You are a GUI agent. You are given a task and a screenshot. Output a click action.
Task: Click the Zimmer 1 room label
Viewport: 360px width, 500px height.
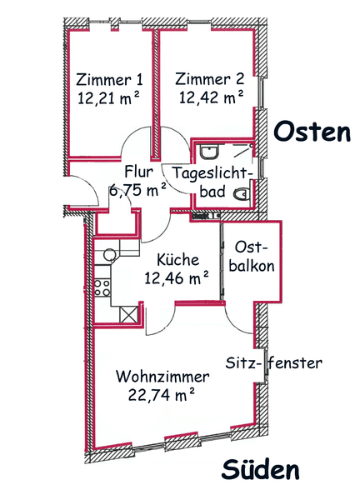[109, 79]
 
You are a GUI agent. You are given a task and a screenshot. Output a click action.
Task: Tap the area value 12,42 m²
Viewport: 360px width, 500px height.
[211, 97]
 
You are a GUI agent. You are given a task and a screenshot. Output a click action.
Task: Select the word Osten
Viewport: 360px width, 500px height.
[312, 132]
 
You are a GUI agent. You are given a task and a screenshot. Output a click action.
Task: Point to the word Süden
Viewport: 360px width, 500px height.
[261, 470]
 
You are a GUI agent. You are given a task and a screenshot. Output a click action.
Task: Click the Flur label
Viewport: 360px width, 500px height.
[138, 172]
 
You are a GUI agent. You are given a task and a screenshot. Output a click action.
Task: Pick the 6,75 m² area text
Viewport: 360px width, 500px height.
[137, 190]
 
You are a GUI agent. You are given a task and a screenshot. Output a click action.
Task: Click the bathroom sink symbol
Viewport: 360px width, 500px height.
[209, 152]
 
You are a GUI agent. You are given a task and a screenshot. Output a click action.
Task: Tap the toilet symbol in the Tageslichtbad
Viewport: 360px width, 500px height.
[242, 193]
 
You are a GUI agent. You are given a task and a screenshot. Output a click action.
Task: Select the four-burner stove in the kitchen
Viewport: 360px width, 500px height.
[102, 287]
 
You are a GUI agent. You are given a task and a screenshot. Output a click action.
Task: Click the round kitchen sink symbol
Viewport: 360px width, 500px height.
[109, 254]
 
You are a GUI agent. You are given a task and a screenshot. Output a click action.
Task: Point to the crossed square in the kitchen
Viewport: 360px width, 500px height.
[129, 314]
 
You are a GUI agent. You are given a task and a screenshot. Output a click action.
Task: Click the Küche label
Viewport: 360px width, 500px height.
[178, 260]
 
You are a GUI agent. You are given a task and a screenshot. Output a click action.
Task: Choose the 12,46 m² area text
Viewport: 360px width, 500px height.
[177, 277]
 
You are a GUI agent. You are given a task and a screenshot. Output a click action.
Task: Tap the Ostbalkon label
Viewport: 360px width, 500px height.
[252, 257]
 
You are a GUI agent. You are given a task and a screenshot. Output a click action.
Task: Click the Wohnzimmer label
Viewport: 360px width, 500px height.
[162, 377]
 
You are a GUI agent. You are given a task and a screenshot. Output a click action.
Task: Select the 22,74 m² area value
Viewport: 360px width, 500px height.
[162, 395]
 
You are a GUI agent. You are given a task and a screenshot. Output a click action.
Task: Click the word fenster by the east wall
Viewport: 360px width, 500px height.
[295, 362]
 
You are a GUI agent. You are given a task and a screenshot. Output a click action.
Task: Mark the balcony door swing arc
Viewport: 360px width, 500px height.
[235, 323]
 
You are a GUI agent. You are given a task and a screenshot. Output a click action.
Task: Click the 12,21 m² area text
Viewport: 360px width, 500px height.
[109, 97]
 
